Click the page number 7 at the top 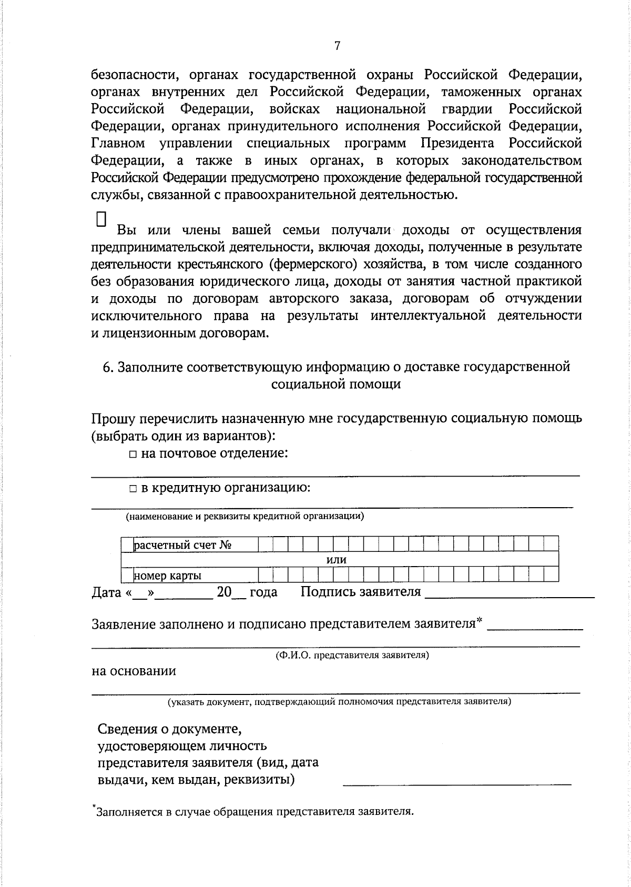click(337, 46)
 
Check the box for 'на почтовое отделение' click(134, 454)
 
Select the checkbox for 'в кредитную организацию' click(134, 489)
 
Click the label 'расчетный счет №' click(183, 545)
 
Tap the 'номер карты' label click(168, 576)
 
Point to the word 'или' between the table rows click(337, 560)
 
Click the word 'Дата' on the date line click(107, 592)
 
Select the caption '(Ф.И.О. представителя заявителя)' click(352, 656)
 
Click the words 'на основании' click(134, 671)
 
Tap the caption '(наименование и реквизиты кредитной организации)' click(245, 516)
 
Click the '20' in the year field click(224, 592)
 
